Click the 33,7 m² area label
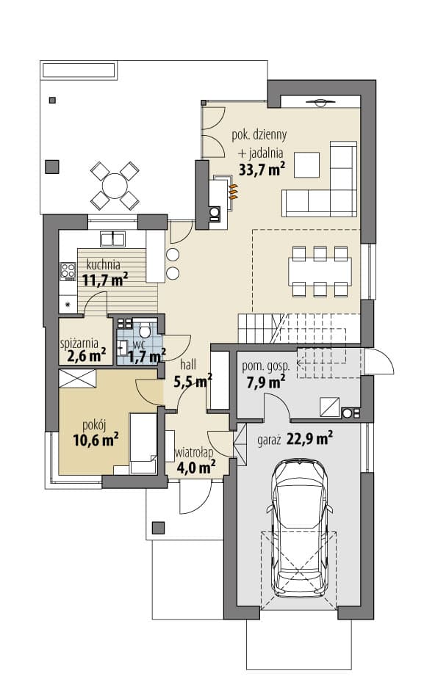[x=262, y=168]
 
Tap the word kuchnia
[x=103, y=264]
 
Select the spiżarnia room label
[x=79, y=344]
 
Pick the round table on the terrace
[x=114, y=185]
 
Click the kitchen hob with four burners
[x=68, y=272]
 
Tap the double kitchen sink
[x=112, y=239]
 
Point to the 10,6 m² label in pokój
[x=96, y=440]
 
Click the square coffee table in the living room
[x=306, y=164]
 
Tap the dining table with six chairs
[x=320, y=272]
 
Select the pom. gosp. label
[x=266, y=367]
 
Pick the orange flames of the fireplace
[x=233, y=192]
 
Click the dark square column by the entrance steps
[x=158, y=528]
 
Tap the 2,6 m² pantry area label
[x=87, y=356]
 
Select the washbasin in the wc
[x=122, y=347]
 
